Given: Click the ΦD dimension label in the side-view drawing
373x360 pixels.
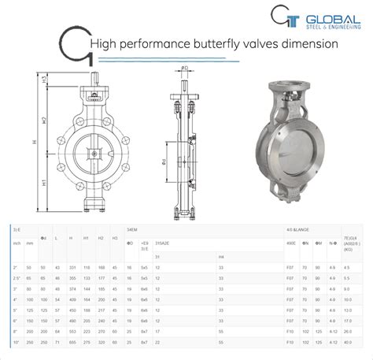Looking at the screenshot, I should [185, 69].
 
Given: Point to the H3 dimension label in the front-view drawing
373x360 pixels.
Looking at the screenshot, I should [45, 80].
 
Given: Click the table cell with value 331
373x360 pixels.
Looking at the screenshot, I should [72, 267].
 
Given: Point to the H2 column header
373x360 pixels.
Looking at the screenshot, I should [100, 238].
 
